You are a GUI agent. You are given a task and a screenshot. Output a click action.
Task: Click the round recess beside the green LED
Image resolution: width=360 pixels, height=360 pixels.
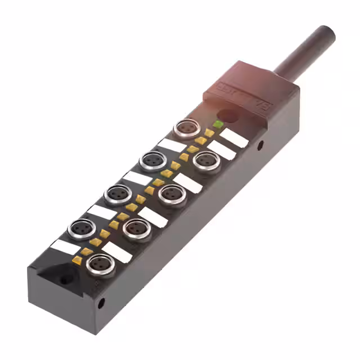point(229,116)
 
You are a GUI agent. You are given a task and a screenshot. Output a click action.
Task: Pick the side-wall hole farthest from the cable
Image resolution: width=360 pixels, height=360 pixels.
point(101,304)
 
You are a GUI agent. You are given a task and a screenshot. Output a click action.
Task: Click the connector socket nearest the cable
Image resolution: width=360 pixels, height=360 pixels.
point(184,128)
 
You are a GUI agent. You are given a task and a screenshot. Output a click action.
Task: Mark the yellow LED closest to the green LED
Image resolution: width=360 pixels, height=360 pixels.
point(209,133)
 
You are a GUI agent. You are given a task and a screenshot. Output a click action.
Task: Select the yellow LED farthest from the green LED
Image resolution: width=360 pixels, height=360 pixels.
point(77,260)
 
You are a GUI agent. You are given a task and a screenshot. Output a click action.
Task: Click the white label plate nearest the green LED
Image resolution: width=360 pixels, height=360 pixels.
point(234,138)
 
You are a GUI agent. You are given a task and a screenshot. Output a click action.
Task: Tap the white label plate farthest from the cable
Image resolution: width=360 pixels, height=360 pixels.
point(65,246)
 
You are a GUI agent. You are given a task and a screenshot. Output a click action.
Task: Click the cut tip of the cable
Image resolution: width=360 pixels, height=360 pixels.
point(327,33)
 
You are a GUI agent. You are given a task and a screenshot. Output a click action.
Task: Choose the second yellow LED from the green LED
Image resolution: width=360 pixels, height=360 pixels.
point(201,141)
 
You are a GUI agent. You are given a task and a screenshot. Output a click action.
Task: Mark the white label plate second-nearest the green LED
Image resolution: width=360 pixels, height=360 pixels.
point(222,150)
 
